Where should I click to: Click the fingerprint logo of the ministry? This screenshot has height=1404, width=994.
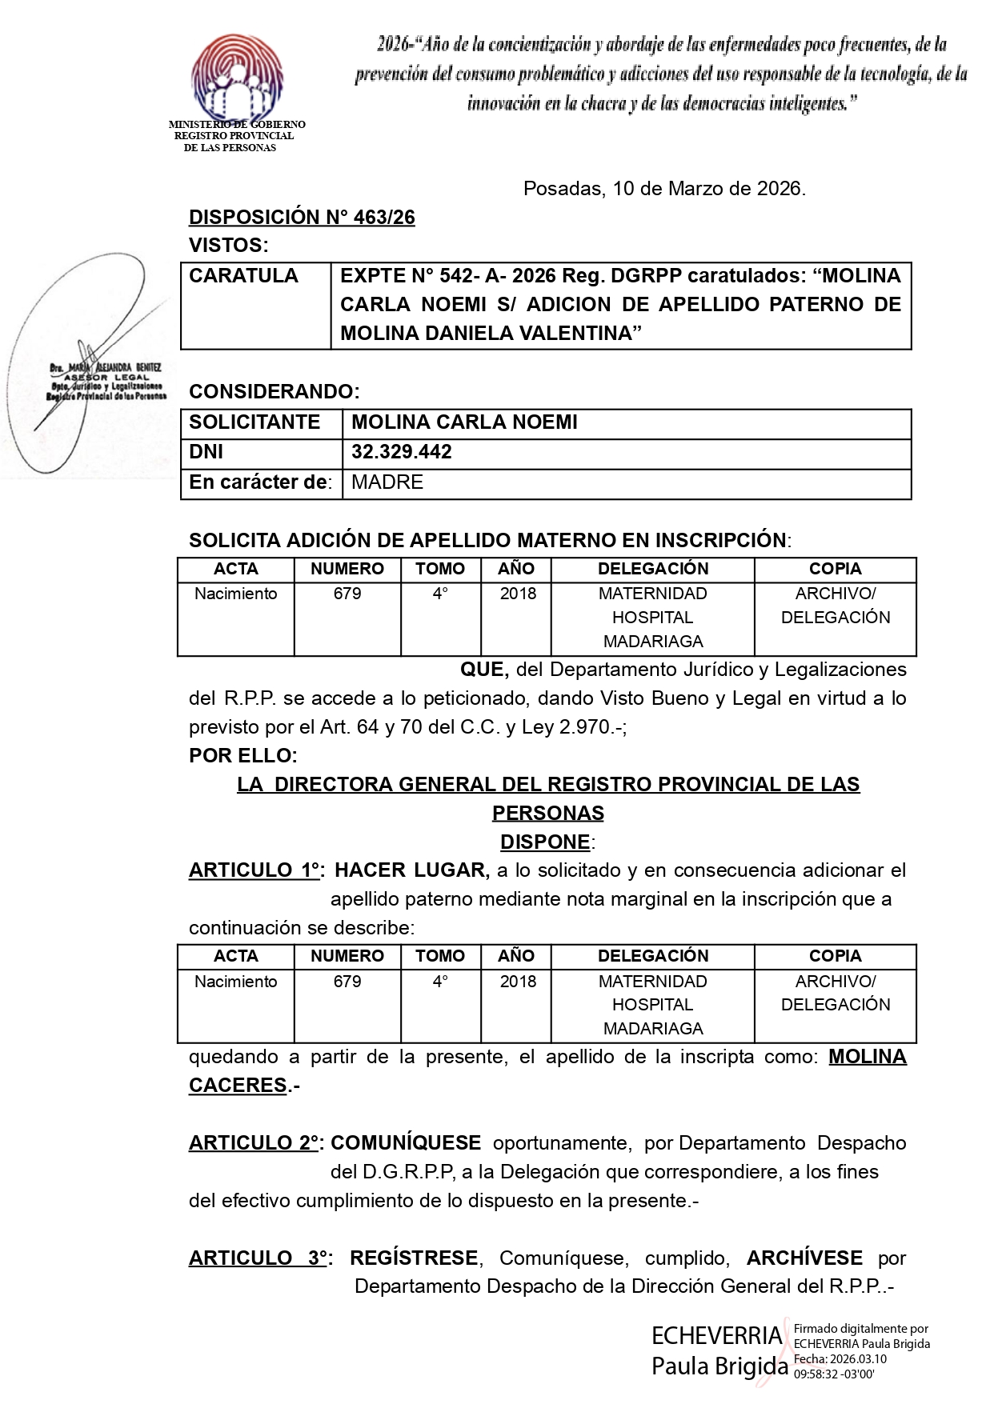point(237,76)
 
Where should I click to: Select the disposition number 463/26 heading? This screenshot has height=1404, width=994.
point(302,218)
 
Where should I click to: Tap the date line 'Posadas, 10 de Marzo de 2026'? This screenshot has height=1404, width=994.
point(664,189)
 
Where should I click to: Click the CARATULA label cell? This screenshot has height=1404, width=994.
point(243,276)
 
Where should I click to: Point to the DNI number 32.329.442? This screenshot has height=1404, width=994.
point(402,452)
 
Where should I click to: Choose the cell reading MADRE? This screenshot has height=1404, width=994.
point(387,482)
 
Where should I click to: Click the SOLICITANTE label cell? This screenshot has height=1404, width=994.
point(255,422)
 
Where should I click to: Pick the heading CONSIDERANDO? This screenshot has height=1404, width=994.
point(274,392)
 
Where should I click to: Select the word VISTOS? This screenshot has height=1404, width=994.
point(228,246)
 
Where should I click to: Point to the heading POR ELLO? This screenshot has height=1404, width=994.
point(242,756)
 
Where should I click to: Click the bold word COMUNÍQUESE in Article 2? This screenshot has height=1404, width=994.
point(406,1143)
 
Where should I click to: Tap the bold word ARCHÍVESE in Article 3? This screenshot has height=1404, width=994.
point(804,1258)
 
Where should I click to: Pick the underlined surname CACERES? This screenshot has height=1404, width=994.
point(238,1086)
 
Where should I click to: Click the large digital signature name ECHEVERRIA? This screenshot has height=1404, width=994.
point(716,1335)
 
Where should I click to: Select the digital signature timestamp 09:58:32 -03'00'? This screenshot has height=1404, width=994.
point(832,1374)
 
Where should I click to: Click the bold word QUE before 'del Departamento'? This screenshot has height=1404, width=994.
point(483,670)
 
